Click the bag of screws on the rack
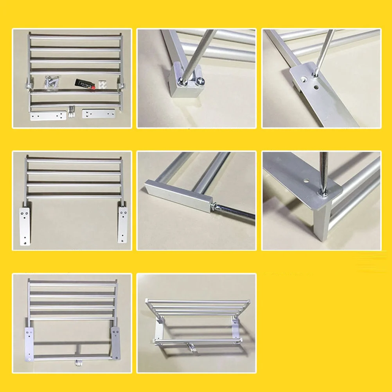(51, 81)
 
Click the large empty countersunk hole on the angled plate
(303, 78)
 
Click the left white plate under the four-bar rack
(24, 226)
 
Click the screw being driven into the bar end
(214, 206)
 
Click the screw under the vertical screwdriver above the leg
(323, 192)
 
